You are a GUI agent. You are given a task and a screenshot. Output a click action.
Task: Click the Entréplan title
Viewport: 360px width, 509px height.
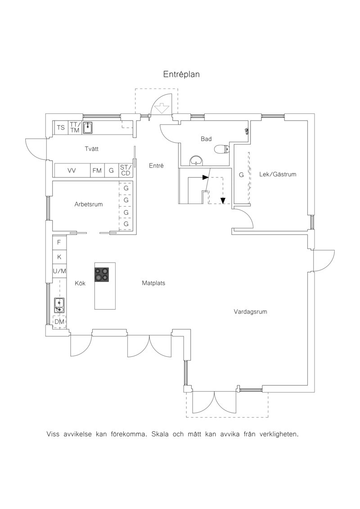[x=181, y=74]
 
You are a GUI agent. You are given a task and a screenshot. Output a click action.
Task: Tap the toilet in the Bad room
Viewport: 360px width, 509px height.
[x=222, y=149]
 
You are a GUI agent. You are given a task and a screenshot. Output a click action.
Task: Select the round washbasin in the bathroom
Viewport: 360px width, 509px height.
[x=197, y=160]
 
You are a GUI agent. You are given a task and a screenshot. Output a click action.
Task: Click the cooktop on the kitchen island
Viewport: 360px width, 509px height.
[x=102, y=274]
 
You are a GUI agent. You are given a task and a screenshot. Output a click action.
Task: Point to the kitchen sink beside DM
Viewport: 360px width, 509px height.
[x=59, y=306]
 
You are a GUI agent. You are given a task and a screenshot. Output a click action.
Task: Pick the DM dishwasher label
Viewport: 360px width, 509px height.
[x=59, y=322]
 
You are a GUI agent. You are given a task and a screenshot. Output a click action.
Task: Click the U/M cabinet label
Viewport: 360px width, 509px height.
[x=59, y=271]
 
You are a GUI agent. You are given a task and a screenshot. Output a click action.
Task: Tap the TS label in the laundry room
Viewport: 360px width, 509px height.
[x=61, y=127]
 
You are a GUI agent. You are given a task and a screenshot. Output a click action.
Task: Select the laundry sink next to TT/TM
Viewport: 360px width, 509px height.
[x=88, y=127]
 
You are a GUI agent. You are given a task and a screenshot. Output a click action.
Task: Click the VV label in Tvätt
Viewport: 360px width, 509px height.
[x=72, y=171]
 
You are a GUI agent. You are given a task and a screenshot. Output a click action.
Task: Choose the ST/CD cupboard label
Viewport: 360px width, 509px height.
[x=125, y=171]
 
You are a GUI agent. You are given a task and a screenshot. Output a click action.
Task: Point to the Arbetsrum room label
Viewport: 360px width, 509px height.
[x=89, y=204]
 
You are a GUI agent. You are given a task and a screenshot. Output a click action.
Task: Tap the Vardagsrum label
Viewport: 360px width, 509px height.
[x=251, y=312]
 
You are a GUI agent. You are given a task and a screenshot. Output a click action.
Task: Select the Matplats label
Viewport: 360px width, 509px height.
[x=153, y=283]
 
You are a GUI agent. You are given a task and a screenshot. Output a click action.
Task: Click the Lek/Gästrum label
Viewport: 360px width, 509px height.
[x=278, y=174]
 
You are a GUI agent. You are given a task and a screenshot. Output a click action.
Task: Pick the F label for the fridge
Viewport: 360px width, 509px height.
[x=59, y=242]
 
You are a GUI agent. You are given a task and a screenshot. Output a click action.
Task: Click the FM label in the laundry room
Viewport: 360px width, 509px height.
[x=97, y=171]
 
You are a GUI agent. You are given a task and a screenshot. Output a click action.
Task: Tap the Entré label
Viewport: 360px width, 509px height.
[x=157, y=166]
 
